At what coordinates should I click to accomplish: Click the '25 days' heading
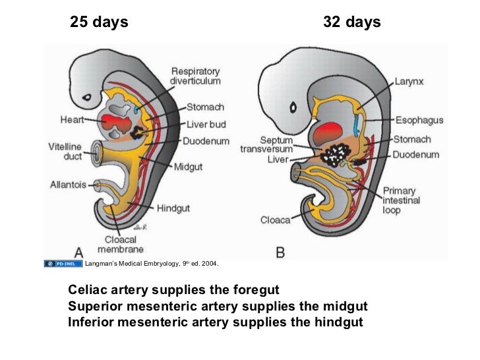pos(100,23)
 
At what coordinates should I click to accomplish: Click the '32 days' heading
pos(352,23)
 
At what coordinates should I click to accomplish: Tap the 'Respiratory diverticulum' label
pos(195,76)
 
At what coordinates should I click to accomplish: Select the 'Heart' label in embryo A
pos(72,121)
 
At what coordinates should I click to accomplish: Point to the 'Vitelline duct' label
pos(65,151)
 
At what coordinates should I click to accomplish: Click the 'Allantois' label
pos(68,185)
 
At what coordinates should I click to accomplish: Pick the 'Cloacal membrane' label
pos(121,245)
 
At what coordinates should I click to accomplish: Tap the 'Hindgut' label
pos(173,208)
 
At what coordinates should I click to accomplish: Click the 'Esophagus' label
pos(419,121)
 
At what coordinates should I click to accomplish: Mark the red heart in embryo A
pos(116,123)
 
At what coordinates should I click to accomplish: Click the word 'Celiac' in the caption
pos(88,291)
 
